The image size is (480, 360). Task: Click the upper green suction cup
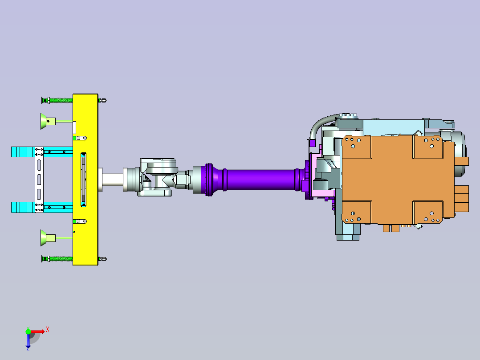(x=48, y=121)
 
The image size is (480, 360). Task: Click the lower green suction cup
(x=48, y=238)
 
